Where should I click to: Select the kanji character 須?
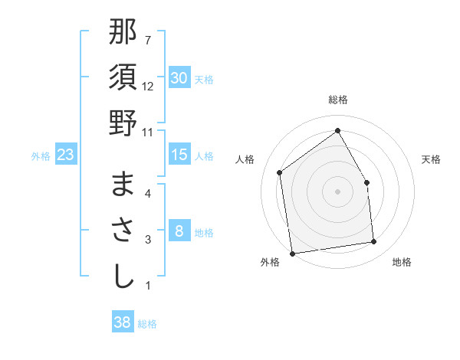click(x=123, y=78)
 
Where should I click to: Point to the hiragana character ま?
click(x=123, y=185)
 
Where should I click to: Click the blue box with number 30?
click(x=179, y=78)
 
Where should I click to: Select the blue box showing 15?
click(x=179, y=155)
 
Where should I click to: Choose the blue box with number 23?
click(x=66, y=155)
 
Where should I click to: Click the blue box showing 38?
click(x=122, y=322)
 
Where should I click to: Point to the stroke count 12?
click(x=148, y=87)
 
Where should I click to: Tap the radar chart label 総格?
click(x=337, y=100)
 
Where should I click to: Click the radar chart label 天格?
click(x=431, y=159)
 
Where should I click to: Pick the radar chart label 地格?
click(x=401, y=263)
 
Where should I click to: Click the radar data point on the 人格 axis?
click(x=280, y=172)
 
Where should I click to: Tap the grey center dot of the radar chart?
click(x=337, y=191)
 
